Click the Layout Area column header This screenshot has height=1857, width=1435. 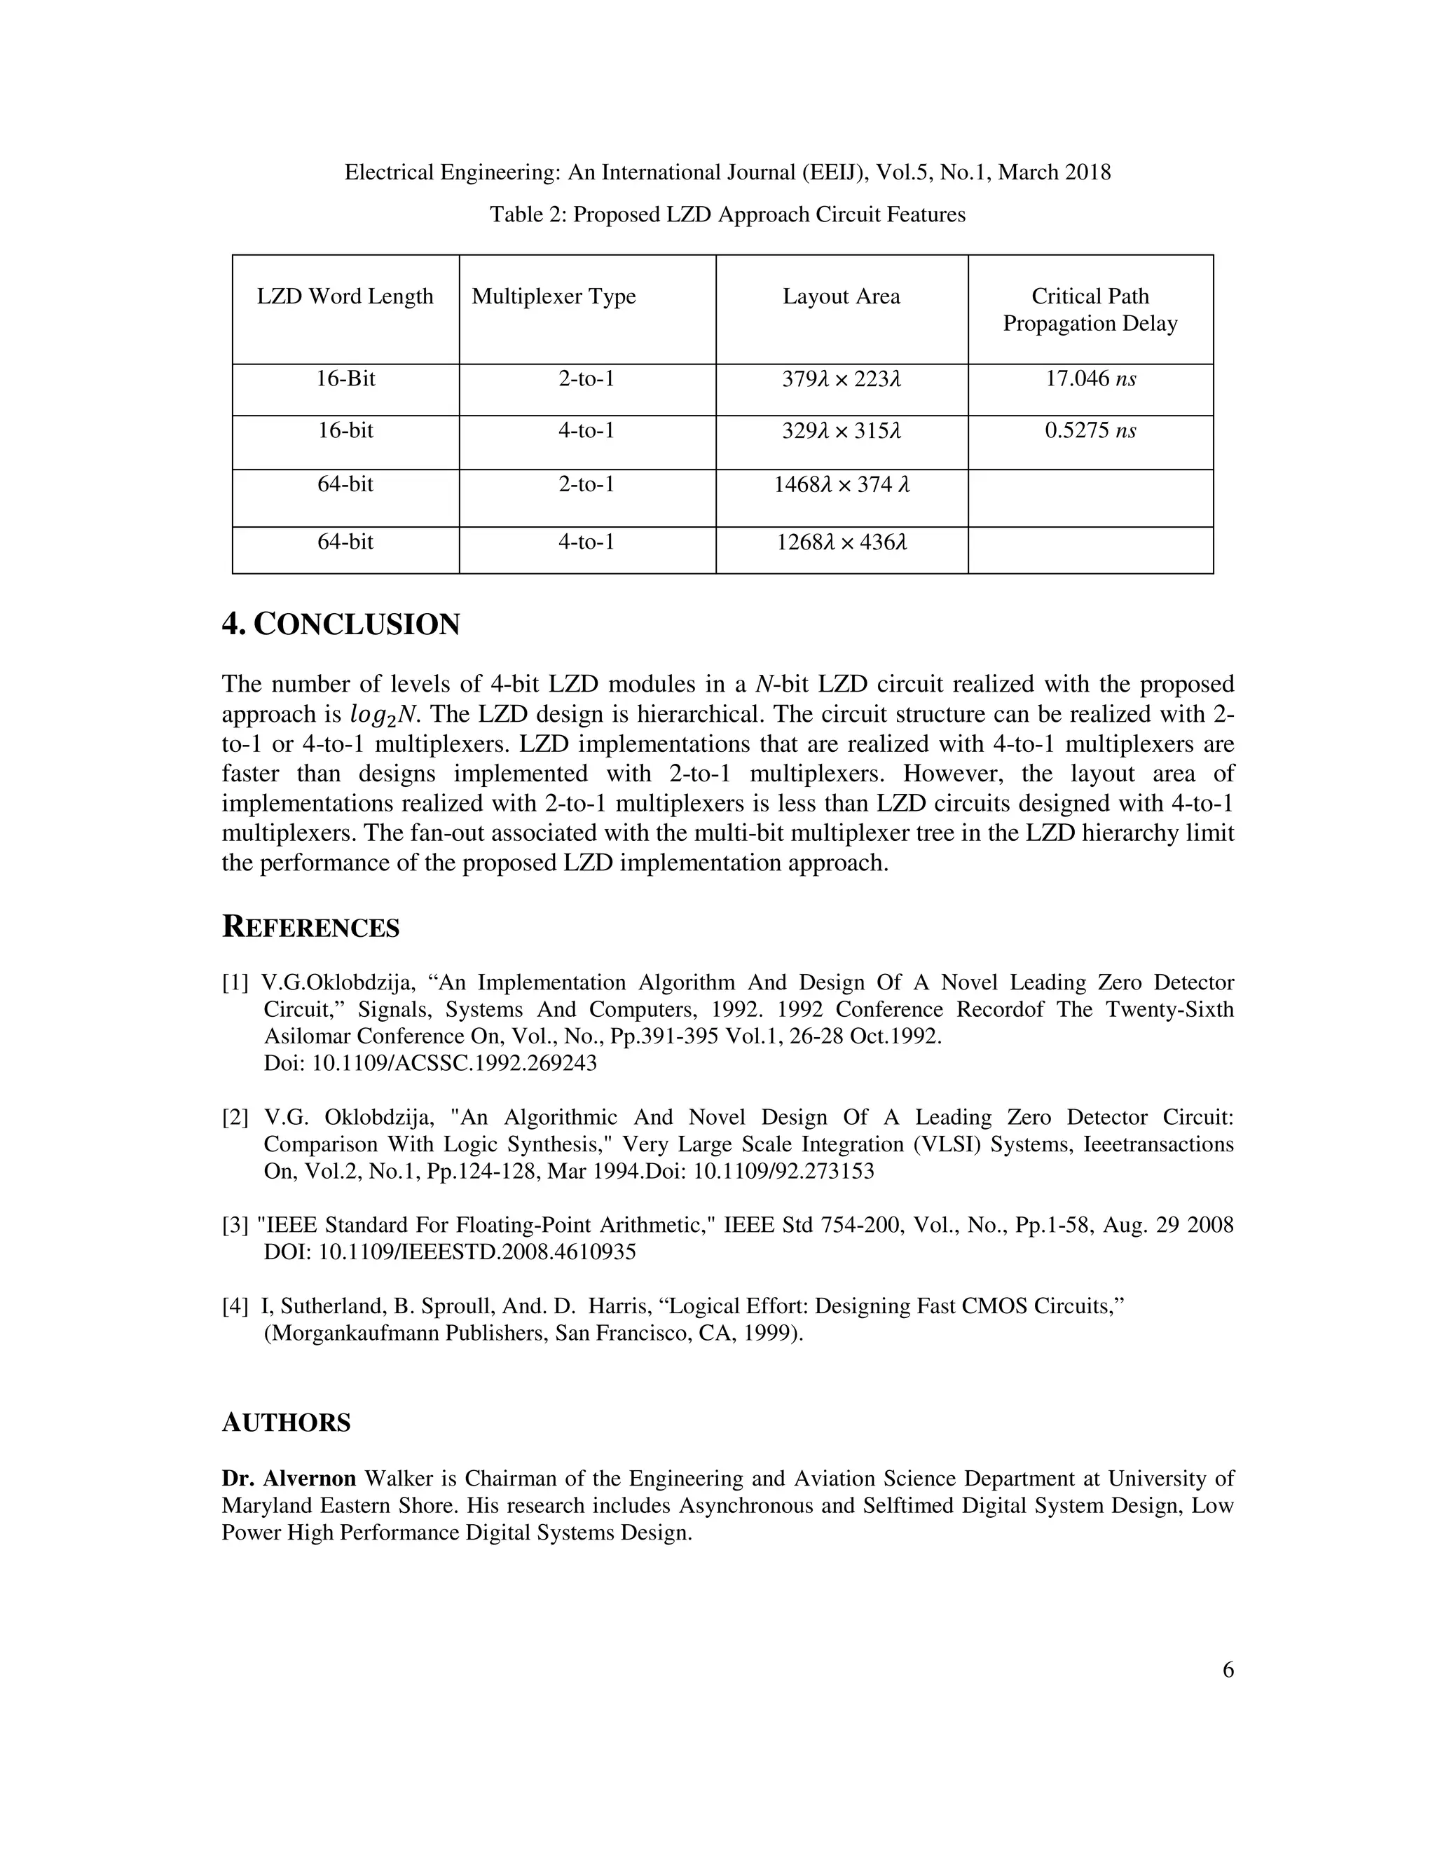point(841,296)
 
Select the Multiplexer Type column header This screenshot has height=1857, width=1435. point(554,296)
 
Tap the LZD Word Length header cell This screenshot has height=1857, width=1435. point(345,296)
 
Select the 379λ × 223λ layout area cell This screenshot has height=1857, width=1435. point(841,379)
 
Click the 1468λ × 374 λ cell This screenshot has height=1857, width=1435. point(841,486)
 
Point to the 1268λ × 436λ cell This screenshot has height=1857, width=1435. point(841,542)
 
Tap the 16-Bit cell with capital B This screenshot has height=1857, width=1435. point(345,379)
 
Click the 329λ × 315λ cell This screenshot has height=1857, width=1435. point(841,431)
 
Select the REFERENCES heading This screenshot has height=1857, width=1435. point(310,928)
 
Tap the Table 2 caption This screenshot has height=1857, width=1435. point(727,214)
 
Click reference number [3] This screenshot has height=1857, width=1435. point(235,1225)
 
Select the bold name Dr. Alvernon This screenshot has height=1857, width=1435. point(289,1479)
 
